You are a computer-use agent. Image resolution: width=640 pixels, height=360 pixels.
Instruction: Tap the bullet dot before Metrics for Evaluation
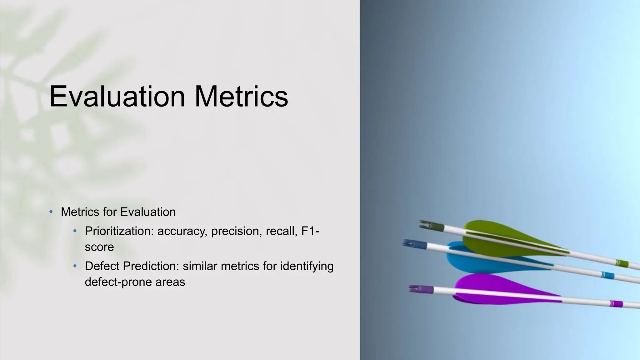(x=51, y=212)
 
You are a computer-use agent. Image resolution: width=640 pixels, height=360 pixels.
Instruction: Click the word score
(x=99, y=247)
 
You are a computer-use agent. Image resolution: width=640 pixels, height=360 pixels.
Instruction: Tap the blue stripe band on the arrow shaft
(x=607, y=275)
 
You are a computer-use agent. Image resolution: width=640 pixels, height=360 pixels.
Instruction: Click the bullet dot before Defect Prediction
(x=75, y=267)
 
